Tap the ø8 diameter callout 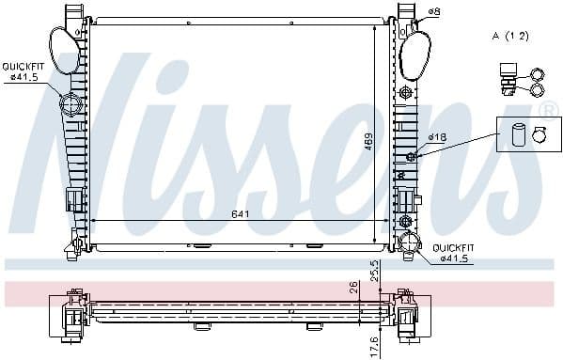tap(433, 11)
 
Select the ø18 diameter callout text tap(437, 137)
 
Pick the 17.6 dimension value tap(374, 344)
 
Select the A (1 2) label tap(510, 35)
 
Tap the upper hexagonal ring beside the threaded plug tap(539, 72)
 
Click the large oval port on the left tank tap(61, 51)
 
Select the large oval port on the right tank tap(414, 54)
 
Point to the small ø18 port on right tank tap(411, 156)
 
